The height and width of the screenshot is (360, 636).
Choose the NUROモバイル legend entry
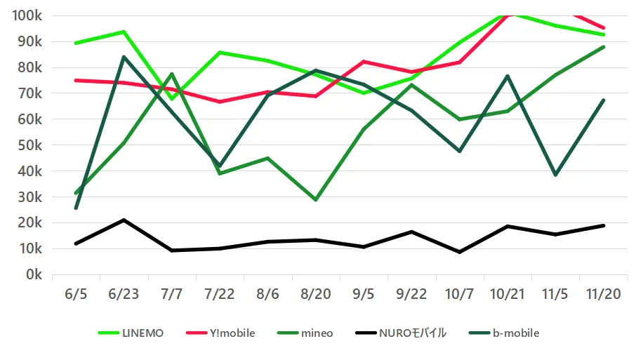click(x=399, y=333)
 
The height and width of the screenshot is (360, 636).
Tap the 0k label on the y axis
click(x=34, y=274)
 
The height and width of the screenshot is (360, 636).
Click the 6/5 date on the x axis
click(x=76, y=295)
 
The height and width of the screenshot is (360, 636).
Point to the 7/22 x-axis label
click(x=220, y=295)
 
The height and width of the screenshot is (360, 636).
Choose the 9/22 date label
click(x=411, y=295)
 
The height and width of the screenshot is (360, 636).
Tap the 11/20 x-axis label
click(x=604, y=295)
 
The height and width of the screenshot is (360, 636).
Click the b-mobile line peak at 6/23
click(x=124, y=57)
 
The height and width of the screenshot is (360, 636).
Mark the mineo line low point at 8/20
click(x=316, y=200)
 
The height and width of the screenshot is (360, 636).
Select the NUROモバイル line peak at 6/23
click(x=124, y=220)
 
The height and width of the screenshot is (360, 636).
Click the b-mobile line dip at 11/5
click(x=555, y=175)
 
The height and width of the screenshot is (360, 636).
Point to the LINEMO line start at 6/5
click(x=76, y=43)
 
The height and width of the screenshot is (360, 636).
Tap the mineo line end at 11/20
click(x=604, y=47)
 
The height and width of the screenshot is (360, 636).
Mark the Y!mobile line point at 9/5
click(x=364, y=62)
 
